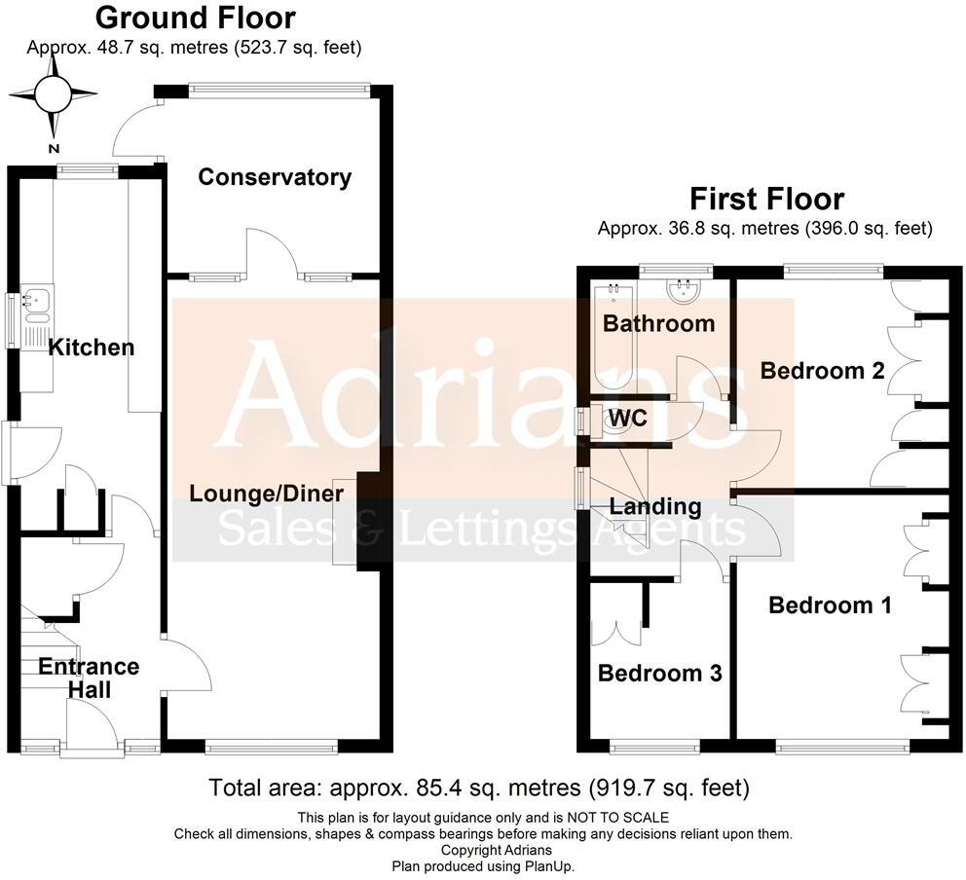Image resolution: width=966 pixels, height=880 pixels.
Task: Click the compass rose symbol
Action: point(53,94)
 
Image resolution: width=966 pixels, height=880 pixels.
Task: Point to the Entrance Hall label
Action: point(89,678)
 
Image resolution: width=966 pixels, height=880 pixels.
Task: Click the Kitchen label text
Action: point(91,348)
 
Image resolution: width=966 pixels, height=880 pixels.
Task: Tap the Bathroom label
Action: point(658,323)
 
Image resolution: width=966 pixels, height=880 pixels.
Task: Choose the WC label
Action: point(628,420)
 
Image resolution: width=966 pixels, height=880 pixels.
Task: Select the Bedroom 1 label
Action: point(830,605)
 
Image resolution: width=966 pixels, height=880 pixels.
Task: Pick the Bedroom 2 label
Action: point(823,371)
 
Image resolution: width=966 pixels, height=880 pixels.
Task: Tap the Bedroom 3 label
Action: point(659,674)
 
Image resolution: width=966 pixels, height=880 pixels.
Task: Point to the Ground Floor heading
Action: point(196,18)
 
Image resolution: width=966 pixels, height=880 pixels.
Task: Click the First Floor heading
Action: point(765,200)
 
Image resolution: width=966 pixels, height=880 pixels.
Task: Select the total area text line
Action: point(479,788)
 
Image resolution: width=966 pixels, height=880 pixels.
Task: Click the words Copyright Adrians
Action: point(483,850)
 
